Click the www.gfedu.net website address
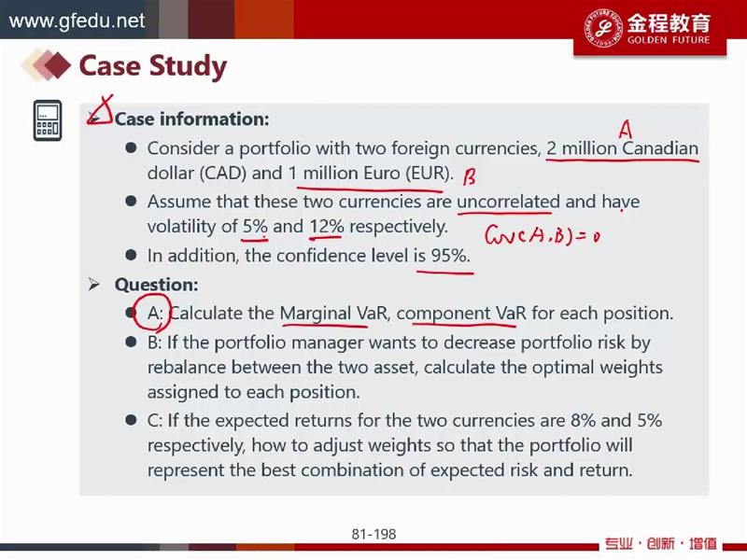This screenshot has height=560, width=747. [77, 21]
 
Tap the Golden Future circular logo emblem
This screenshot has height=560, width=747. [602, 28]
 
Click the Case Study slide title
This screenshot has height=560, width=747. [152, 65]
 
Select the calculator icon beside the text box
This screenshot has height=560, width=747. [48, 120]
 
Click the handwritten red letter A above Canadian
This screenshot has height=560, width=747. [626, 130]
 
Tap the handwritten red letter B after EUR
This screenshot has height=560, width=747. [470, 177]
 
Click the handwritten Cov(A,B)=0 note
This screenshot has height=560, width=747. [543, 235]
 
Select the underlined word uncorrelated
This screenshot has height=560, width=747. [508, 202]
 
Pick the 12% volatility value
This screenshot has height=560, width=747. [327, 226]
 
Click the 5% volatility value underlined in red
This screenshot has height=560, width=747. [255, 226]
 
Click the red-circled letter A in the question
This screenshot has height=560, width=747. [153, 314]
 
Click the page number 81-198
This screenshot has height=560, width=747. [374, 534]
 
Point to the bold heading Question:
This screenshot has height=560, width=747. [156, 285]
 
